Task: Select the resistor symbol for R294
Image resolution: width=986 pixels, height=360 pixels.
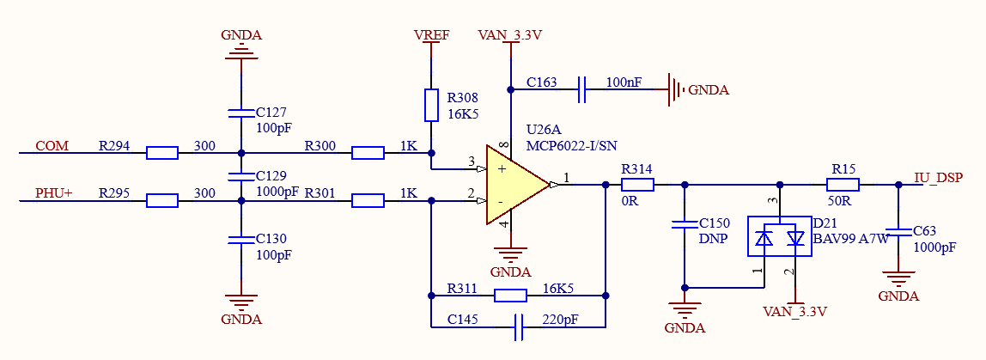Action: (x=162, y=153)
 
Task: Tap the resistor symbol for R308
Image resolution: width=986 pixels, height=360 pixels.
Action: (x=431, y=105)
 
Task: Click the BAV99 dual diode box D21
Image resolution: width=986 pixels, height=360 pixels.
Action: (x=779, y=236)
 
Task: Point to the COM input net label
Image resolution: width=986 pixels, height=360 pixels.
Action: (x=52, y=146)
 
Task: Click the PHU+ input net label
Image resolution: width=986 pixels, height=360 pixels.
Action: (x=55, y=194)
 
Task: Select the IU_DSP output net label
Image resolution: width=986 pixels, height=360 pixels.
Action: (x=938, y=178)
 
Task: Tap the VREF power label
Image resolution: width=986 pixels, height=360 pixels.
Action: (x=431, y=35)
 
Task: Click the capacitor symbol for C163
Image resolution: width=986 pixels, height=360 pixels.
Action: (x=581, y=89)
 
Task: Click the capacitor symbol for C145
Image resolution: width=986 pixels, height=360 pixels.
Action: (x=519, y=327)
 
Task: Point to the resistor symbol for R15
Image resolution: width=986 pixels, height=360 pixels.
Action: (x=843, y=185)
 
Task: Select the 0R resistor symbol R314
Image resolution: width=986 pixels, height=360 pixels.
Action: (x=637, y=185)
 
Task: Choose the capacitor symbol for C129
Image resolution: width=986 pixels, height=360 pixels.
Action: (x=240, y=174)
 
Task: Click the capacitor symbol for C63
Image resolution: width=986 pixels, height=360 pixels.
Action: (x=898, y=232)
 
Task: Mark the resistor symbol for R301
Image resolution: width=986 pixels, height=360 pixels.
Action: (x=368, y=201)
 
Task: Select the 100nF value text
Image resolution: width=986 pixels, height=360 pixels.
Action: (x=624, y=82)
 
